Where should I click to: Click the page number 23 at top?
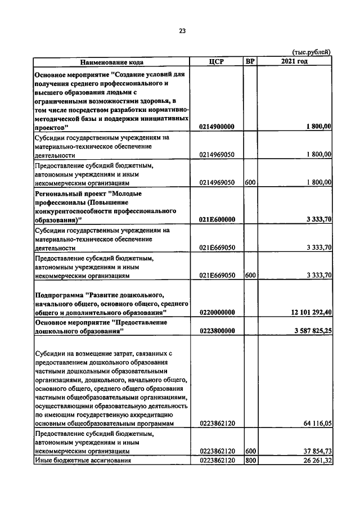(x=182, y=31)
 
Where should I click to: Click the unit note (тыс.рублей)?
(x=312, y=52)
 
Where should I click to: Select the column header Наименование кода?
(x=111, y=61)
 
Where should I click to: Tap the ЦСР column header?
(x=217, y=61)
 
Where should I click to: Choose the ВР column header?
(x=250, y=61)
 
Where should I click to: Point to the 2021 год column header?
(x=294, y=61)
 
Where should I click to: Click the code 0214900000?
(x=217, y=128)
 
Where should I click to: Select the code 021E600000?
(x=217, y=219)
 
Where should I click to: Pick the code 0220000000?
(x=217, y=312)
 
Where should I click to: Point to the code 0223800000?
(x=217, y=331)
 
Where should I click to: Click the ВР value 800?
(x=251, y=461)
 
